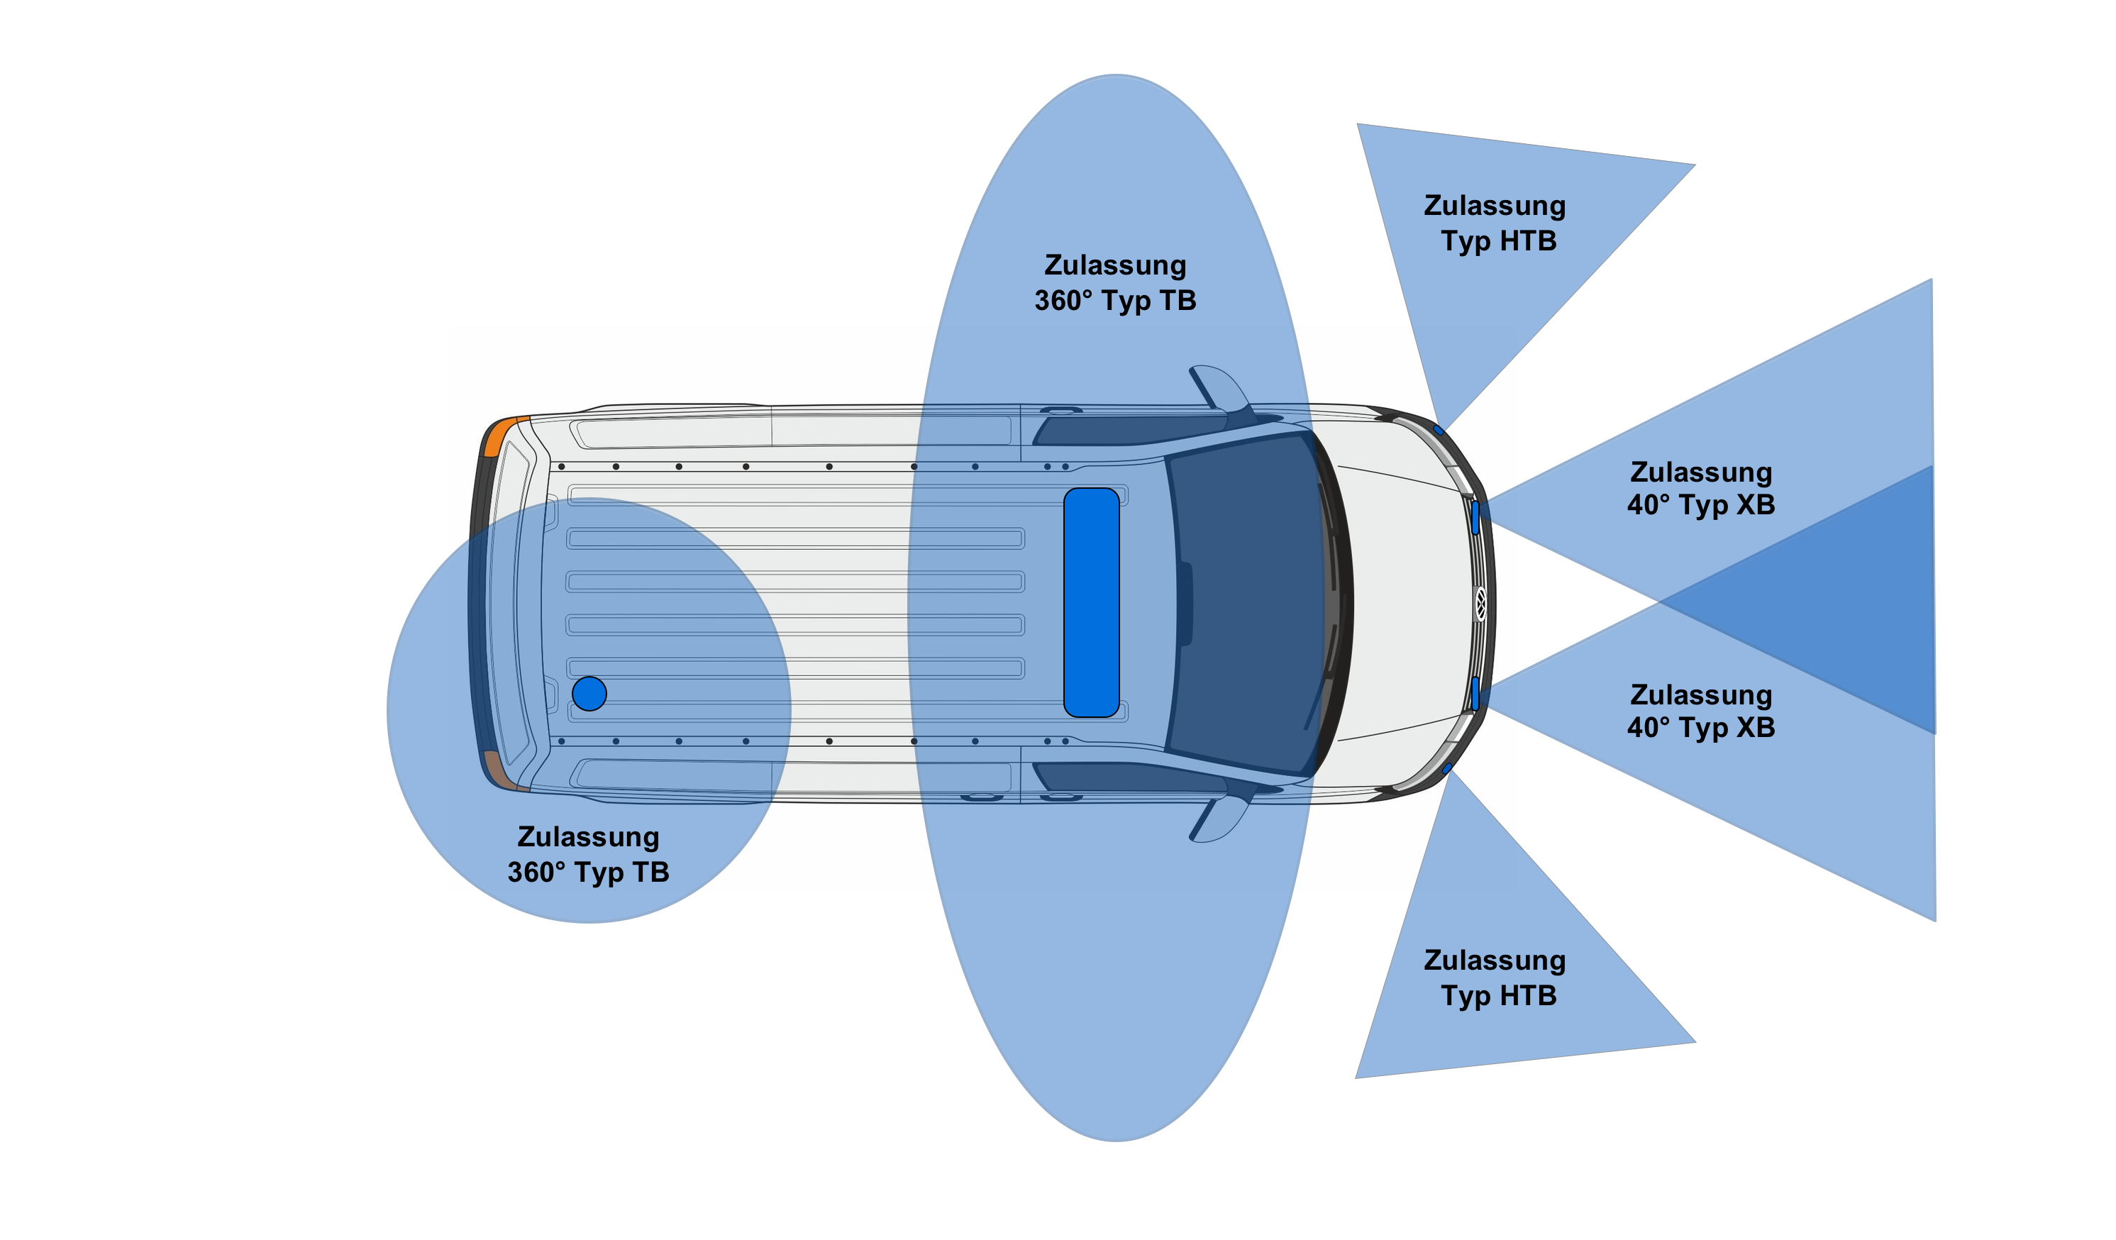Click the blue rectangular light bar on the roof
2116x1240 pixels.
[1091, 602]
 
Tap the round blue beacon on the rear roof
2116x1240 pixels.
[589, 694]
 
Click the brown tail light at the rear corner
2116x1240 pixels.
[499, 770]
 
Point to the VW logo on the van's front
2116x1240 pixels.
[1480, 604]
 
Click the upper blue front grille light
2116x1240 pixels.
[1475, 517]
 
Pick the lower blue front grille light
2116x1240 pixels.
[1475, 694]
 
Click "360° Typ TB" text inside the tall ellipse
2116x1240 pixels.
[1115, 300]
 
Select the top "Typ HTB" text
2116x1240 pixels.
[1499, 241]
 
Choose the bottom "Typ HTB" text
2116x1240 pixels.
[1499, 996]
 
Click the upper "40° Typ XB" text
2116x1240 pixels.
[1701, 504]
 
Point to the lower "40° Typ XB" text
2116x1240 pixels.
[1701, 727]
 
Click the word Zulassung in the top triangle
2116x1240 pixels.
[1495, 206]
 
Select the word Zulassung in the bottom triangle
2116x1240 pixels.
[1495, 960]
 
